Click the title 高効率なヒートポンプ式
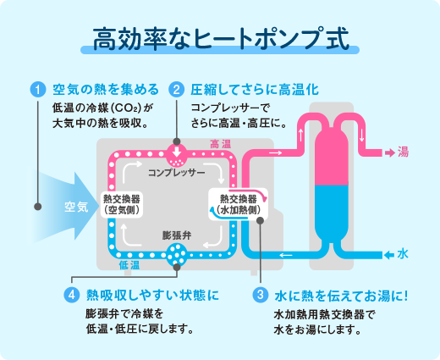220,39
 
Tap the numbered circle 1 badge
36,89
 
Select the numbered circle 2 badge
177,89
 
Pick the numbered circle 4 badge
71,296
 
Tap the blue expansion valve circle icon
178,252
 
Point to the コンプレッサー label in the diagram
177,173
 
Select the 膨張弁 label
177,233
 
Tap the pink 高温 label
220,144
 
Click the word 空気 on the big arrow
76,206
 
